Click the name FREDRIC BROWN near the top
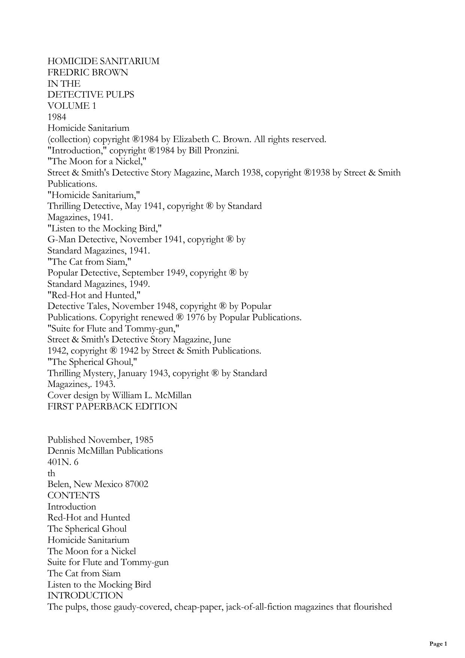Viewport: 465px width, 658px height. click(87, 72)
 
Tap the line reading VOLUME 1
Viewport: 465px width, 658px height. click(72, 106)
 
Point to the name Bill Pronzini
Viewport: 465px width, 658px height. click(213, 151)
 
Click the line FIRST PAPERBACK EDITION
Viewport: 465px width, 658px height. click(112, 407)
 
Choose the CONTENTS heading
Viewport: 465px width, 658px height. click(73, 495)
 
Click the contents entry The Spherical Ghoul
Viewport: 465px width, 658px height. click(87, 529)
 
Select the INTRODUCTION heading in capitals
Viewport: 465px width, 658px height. click(85, 595)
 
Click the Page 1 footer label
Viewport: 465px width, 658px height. click(438, 644)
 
